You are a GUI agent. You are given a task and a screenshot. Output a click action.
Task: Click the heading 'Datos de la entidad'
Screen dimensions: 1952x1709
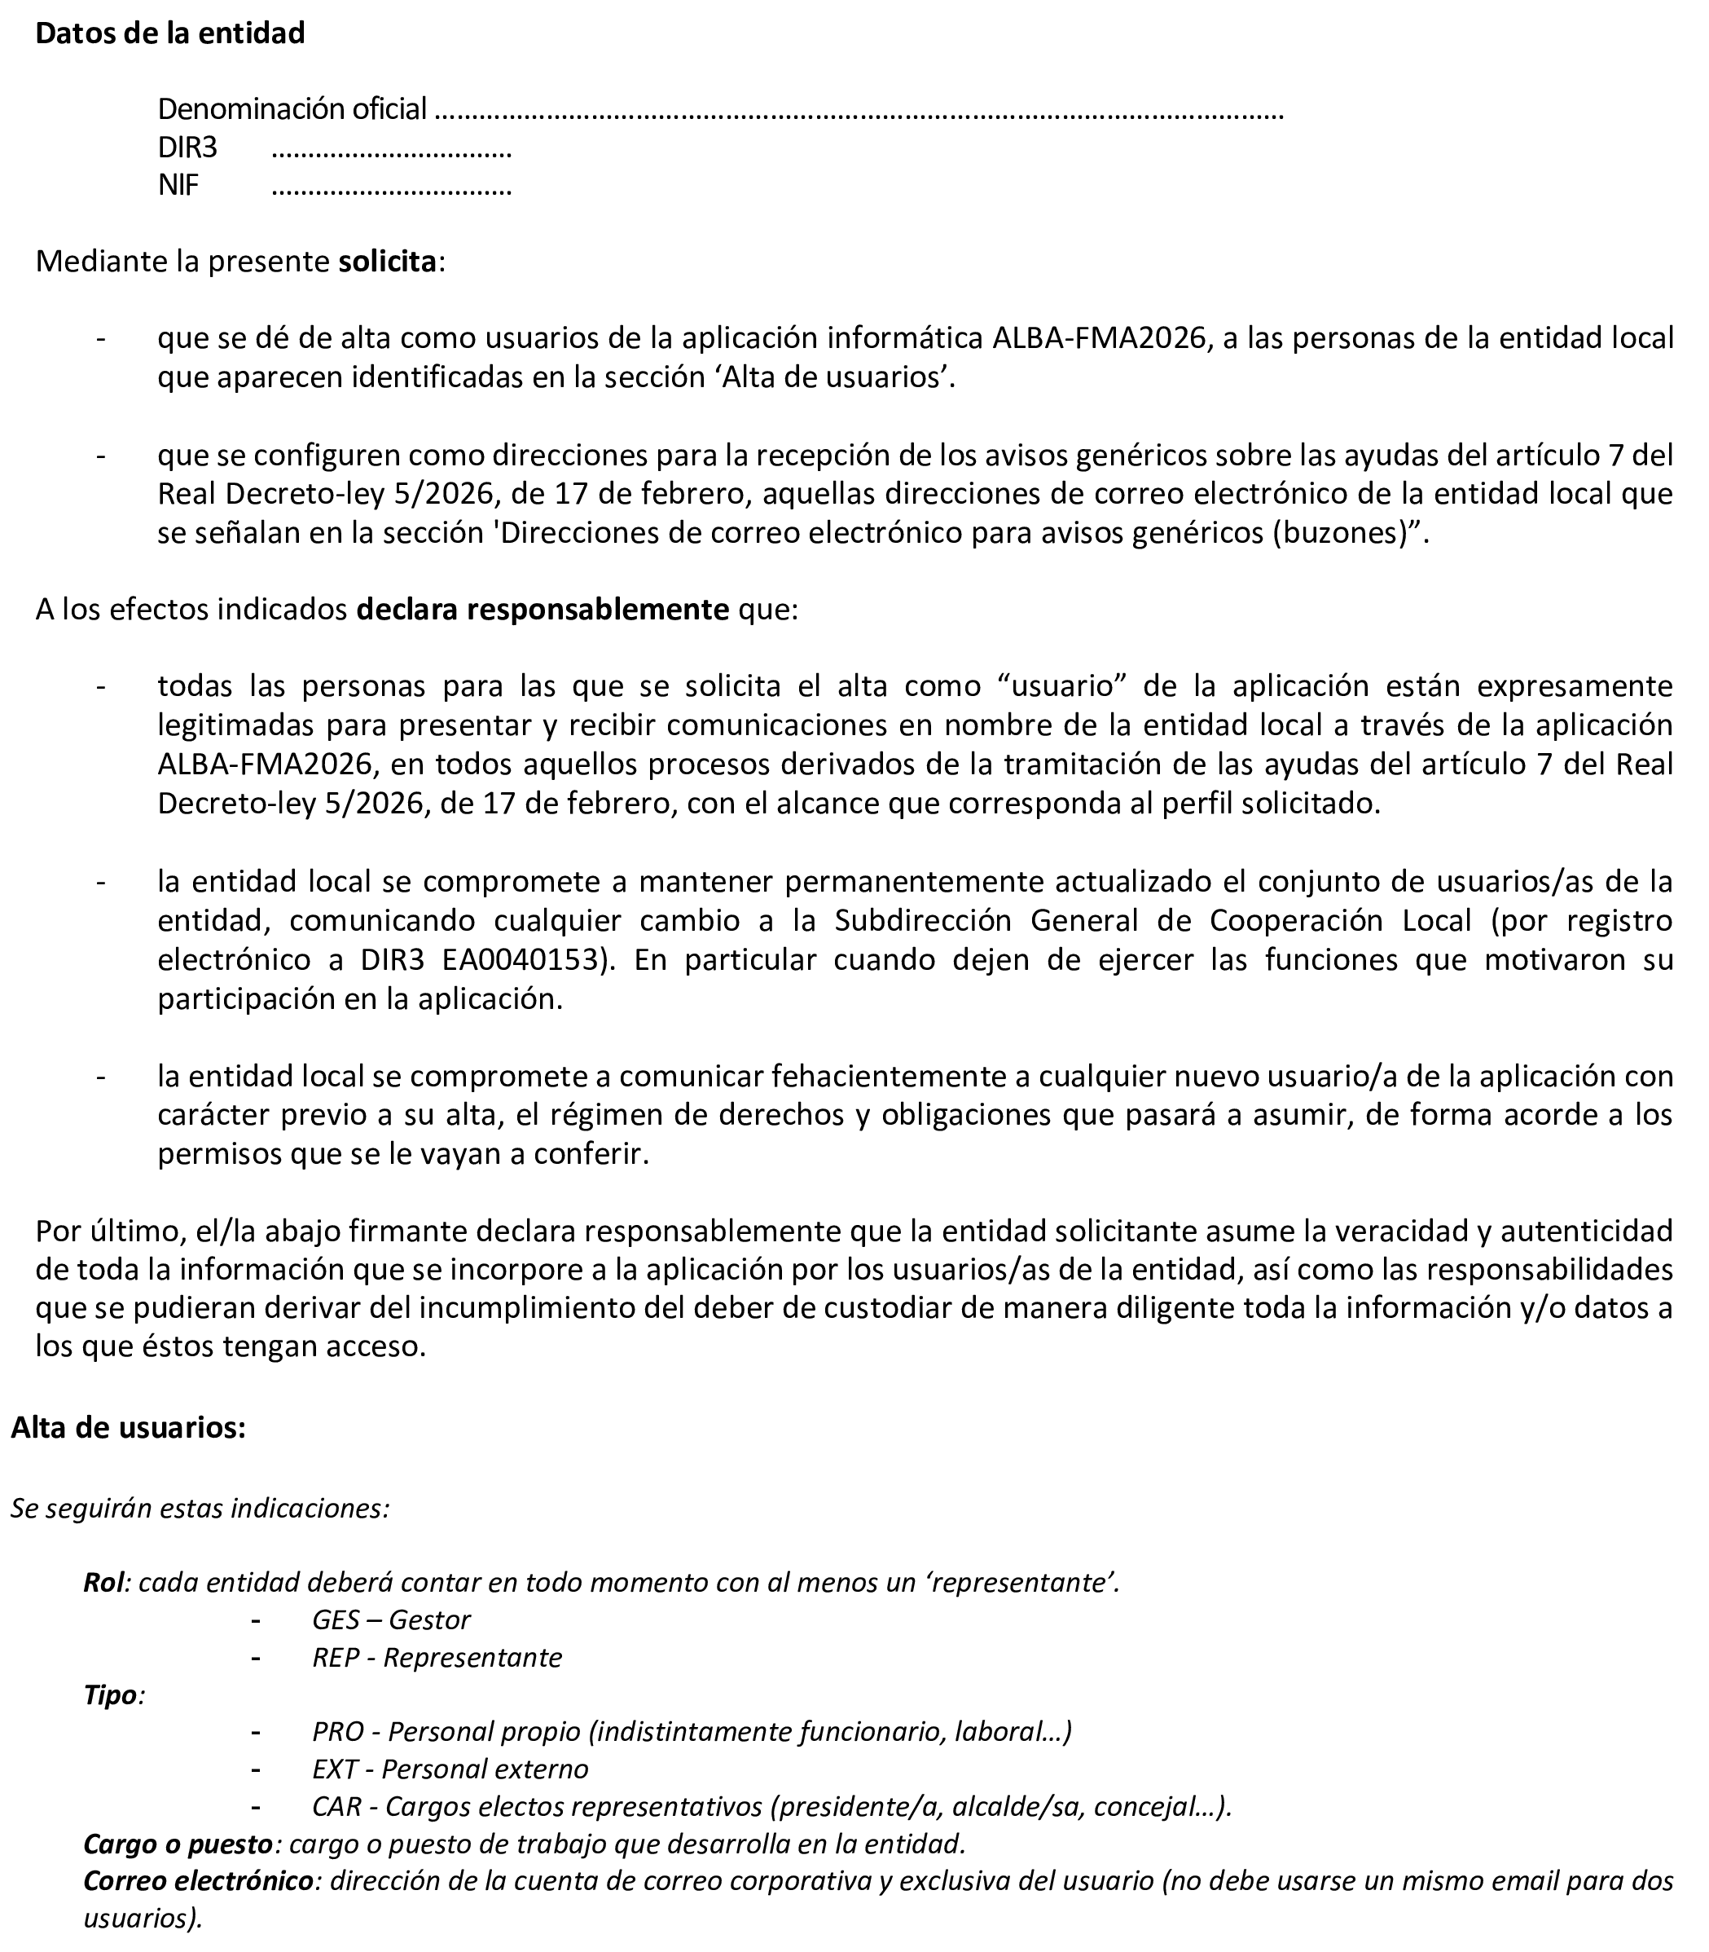[x=169, y=33]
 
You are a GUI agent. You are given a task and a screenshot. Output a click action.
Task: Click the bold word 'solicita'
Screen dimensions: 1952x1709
[x=387, y=262]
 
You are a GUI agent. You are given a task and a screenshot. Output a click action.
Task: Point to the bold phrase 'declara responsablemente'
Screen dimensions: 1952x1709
[x=543, y=610]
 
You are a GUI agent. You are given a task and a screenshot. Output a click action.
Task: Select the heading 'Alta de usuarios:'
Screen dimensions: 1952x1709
[x=129, y=1428]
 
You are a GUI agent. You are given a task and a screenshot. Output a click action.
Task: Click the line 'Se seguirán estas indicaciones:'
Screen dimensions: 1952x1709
[x=200, y=1509]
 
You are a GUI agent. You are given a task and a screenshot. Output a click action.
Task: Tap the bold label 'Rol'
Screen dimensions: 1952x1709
[x=104, y=1583]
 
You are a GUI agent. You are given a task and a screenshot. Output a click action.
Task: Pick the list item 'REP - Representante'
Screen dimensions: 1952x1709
[x=437, y=1657]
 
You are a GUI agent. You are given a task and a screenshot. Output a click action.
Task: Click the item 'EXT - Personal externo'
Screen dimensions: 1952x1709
[x=450, y=1769]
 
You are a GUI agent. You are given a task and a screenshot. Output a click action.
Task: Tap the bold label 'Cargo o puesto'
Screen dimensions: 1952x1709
[x=178, y=1844]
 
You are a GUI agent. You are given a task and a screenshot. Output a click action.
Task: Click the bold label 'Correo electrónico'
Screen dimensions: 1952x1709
[x=199, y=1881]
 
